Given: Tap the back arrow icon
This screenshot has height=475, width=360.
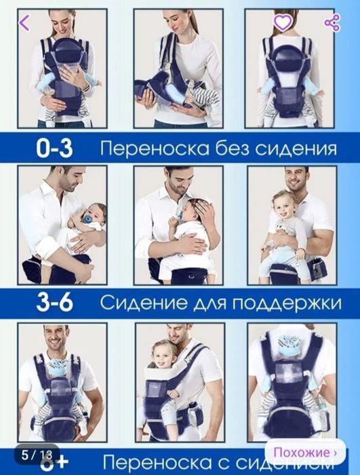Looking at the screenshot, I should click(x=25, y=22).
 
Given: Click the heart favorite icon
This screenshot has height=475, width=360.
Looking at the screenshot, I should click(x=283, y=22).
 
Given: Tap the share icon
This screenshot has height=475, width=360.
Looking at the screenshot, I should click(x=332, y=22).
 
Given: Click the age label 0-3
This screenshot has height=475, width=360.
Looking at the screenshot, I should click(x=55, y=149).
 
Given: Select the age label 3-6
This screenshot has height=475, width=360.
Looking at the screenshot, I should click(x=55, y=302).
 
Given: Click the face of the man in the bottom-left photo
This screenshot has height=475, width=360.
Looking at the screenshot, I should click(x=58, y=337).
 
